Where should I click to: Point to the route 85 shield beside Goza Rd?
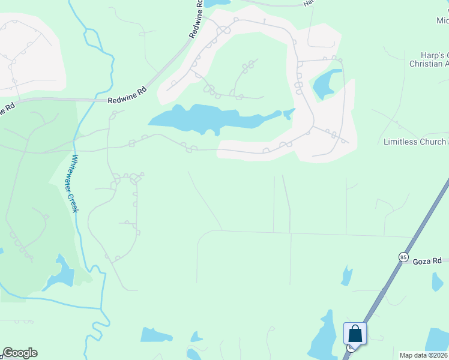[x=403, y=257]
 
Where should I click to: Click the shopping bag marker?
[x=354, y=334]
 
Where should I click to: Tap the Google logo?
[x=20, y=353]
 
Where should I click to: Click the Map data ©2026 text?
[x=423, y=355]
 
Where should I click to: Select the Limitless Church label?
[x=415, y=142]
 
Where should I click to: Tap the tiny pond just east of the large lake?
[x=289, y=113]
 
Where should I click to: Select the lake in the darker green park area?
[x=62, y=274]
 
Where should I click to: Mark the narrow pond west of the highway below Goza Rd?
[x=346, y=275]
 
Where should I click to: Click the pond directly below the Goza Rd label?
[x=437, y=281]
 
